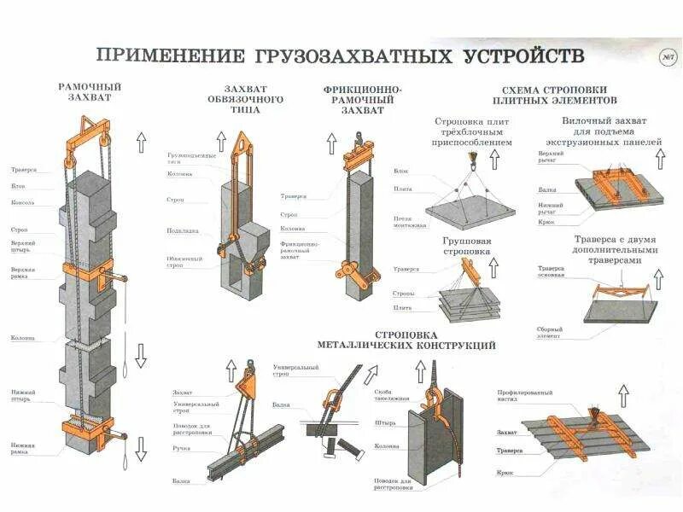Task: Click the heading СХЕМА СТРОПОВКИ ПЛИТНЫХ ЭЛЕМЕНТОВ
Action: pos(555,94)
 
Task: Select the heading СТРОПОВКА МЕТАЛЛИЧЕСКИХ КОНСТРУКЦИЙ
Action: pos(406,340)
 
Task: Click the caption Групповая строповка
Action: pos(466,247)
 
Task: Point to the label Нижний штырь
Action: pos(22,395)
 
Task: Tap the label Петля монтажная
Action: pos(407,223)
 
